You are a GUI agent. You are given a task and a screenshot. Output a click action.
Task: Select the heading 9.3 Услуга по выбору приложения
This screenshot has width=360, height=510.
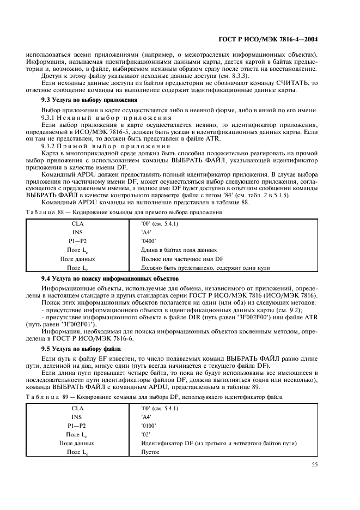tap(89, 101)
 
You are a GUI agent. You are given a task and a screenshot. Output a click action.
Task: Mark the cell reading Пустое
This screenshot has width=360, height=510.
tap(150, 452)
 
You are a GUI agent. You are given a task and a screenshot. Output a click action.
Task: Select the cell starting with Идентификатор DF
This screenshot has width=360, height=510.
tap(218, 443)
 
